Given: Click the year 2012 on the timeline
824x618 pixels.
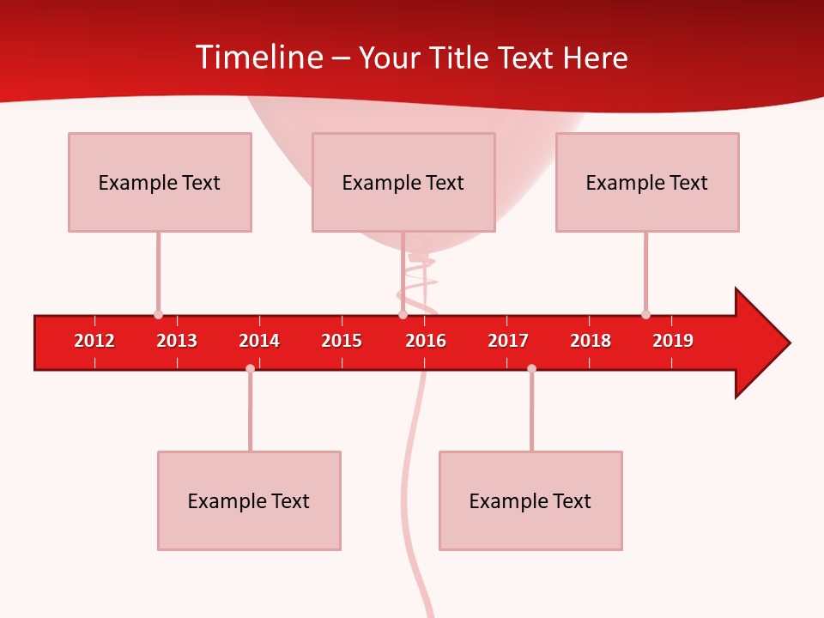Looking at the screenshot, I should coord(94,341).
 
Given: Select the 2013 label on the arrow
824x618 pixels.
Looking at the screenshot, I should coord(177,341).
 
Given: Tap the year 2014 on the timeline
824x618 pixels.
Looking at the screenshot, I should coord(259,341).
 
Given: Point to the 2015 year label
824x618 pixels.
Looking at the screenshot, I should coord(342,341).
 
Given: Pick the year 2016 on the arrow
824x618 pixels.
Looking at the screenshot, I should coord(426,341).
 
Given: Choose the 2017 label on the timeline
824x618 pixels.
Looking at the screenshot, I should coord(508,341).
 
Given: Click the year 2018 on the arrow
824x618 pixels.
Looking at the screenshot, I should coord(591,341).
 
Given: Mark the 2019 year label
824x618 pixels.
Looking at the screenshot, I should coord(673,341).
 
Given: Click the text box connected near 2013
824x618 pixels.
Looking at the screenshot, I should coord(160,182).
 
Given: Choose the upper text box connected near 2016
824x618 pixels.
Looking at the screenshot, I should coord(403,182).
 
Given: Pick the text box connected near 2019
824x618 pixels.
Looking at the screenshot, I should coord(647,182).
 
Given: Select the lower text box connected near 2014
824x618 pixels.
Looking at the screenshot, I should coord(249,500).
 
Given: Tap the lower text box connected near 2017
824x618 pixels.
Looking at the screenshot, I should coord(530,500).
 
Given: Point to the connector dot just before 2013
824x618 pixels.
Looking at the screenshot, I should coord(158,314).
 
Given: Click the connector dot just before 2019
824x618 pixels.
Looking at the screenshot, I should coord(645,314).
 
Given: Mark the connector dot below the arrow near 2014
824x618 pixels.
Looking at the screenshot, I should coord(250,368).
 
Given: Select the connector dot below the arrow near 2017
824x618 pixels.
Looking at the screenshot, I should coord(531,368).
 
